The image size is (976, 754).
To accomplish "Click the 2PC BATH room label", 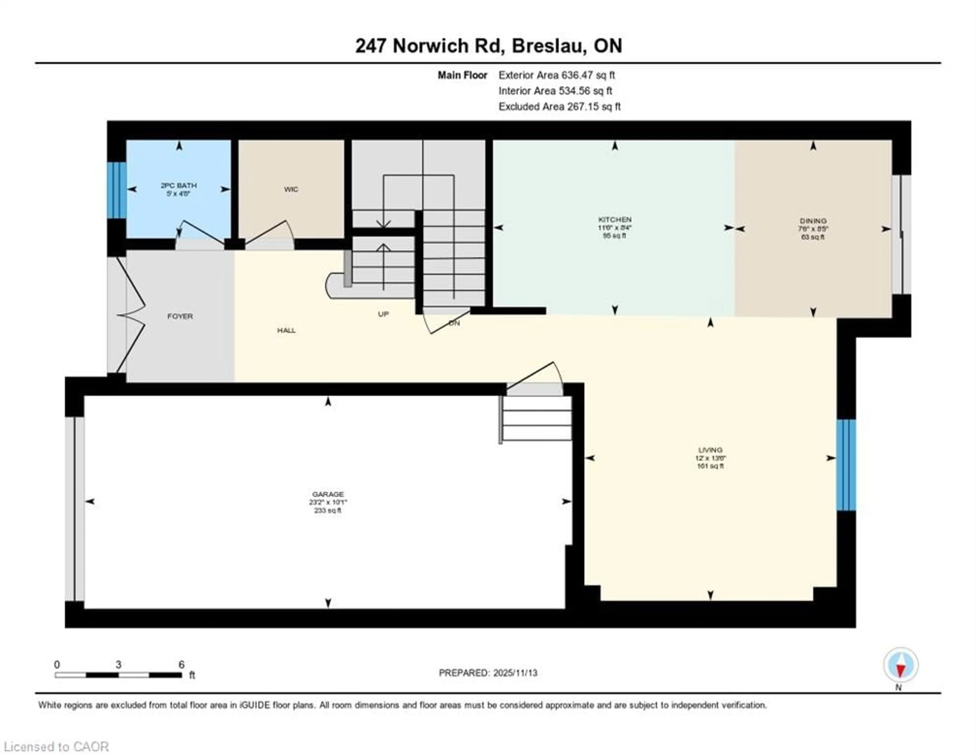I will (179, 185).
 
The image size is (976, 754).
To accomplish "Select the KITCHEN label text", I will (615, 220).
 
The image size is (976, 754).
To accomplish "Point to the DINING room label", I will (813, 221).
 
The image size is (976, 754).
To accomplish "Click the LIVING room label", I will (710, 450).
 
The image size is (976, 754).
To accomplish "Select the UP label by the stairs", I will (383, 314).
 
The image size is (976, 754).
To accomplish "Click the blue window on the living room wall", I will (846, 465).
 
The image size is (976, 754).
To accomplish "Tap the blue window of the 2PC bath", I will (117, 190).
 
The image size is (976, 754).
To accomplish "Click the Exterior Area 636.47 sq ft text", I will (556, 75).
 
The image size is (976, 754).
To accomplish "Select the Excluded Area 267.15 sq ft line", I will (559, 106).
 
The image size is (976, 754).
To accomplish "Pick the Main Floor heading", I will (462, 75).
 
